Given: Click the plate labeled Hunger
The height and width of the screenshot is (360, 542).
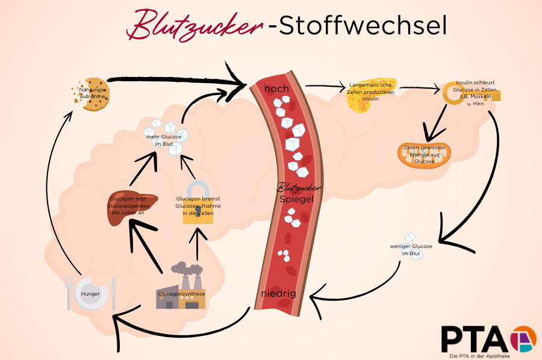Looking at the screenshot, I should tap(91, 293).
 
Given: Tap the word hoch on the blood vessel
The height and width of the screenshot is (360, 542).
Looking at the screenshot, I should tap(276, 89).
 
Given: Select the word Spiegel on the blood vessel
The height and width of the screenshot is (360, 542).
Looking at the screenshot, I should tap(295, 199).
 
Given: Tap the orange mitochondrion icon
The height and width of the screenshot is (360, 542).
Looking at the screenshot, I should tap(422, 154).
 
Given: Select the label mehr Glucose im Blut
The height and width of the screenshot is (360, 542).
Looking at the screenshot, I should tap(164, 140).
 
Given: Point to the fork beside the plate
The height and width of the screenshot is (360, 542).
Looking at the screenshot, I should tap(70, 293).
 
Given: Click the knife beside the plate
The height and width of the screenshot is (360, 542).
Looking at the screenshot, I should tap(113, 294).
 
